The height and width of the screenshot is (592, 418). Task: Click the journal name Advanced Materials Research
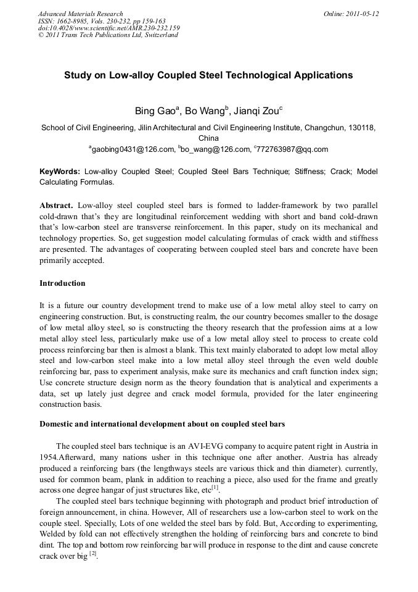point(80,14)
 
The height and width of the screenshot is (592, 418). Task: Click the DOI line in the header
point(109,28)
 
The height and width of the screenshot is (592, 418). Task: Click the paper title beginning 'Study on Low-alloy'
point(208,75)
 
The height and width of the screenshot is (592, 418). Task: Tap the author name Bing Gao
point(155,112)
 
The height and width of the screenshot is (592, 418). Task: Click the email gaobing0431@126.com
point(133,149)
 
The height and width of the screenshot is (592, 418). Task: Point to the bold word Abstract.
point(56,204)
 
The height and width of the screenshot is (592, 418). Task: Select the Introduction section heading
point(62,283)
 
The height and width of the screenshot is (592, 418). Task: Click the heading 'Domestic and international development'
point(162,423)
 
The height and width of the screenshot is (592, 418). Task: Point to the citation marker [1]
point(215,488)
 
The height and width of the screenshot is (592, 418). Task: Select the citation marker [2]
point(92,554)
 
